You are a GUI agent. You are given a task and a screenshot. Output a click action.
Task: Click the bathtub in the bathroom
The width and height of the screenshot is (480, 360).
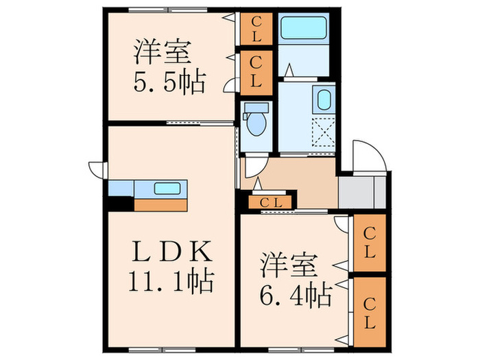303,28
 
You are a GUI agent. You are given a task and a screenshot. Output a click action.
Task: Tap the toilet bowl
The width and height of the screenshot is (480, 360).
257,122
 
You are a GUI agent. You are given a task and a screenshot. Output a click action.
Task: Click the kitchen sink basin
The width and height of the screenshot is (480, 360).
168,189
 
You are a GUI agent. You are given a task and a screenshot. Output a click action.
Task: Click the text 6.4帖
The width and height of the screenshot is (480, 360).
296,295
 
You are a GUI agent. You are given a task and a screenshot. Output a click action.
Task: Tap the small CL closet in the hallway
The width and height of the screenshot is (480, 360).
268,202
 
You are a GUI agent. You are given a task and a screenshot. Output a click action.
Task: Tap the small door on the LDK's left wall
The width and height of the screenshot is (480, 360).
97,168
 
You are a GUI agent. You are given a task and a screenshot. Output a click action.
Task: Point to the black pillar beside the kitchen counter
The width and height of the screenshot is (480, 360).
121,204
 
